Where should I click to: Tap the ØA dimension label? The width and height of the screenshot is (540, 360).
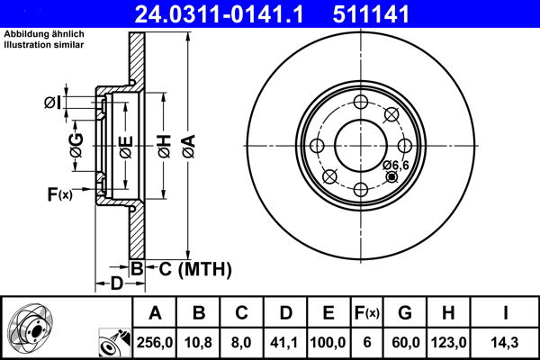pyautogui.click(x=187, y=140)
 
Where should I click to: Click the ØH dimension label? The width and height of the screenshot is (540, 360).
pyautogui.click(x=164, y=140)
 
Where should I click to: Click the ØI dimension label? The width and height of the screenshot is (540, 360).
pyautogui.click(x=53, y=103)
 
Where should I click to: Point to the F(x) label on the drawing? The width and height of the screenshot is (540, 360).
pyautogui.click(x=59, y=193)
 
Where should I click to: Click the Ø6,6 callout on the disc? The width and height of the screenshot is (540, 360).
pyautogui.click(x=395, y=165)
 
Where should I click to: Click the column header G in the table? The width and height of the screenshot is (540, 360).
pyautogui.click(x=404, y=313)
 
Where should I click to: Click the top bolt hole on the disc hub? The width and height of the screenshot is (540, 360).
pyautogui.click(x=360, y=101)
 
